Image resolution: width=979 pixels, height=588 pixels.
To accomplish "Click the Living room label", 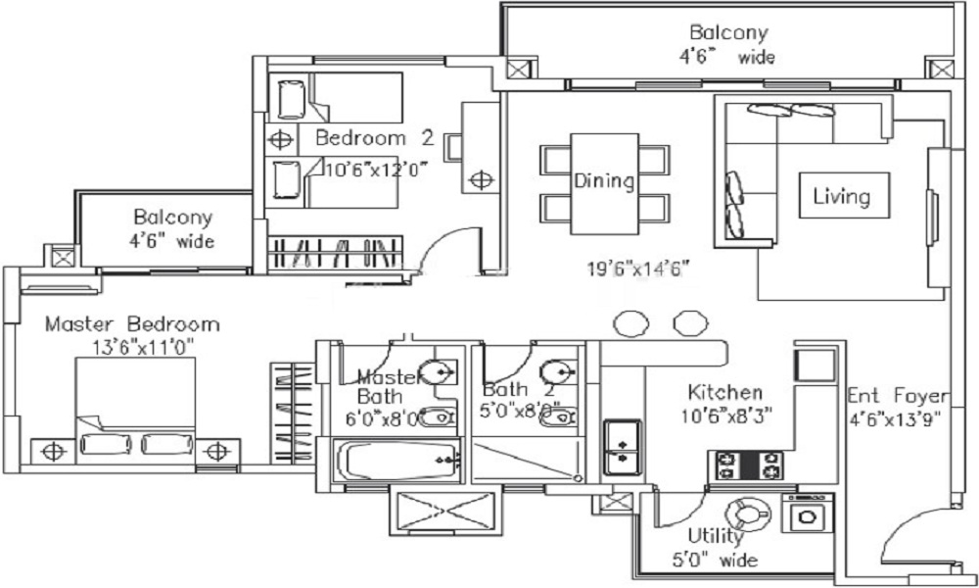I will (841, 196).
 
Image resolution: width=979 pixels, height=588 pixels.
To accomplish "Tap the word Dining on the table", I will (604, 181).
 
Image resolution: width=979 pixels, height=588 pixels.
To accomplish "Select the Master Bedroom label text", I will (132, 324).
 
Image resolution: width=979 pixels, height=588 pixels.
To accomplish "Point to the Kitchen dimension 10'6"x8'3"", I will (729, 415).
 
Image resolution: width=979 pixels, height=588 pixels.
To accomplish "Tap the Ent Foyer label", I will (898, 397).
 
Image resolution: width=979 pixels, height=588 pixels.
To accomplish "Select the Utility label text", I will (716, 537).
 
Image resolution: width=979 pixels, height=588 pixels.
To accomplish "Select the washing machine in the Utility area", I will (809, 517).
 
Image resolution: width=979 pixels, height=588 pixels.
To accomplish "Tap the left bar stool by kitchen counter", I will (629, 322).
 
